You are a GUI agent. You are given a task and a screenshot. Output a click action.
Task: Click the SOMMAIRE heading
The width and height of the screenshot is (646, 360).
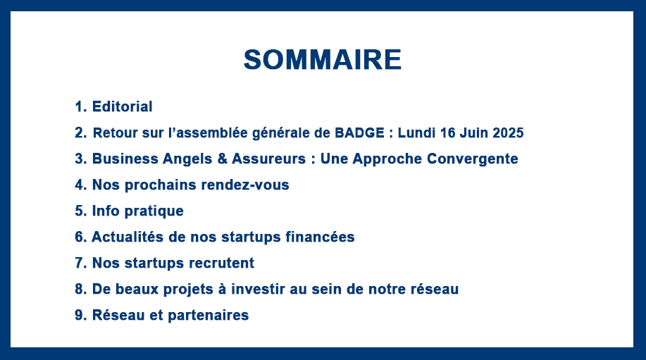pos(323,60)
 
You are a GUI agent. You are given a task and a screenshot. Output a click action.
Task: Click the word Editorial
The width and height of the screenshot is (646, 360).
pos(122,106)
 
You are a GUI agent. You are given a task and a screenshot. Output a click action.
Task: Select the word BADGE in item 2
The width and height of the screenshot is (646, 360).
pos(359,132)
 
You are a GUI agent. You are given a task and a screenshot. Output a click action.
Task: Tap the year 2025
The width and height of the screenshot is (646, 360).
pos(508,132)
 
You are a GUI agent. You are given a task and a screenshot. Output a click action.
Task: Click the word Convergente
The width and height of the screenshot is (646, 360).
pos(472,159)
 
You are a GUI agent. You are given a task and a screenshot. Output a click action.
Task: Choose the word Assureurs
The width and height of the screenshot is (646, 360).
pos(268,159)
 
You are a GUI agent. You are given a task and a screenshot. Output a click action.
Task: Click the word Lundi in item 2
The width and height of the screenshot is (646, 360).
pos(416,132)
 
